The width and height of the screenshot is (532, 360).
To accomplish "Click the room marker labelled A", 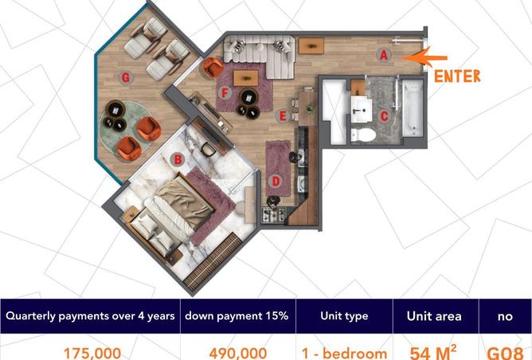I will click(x=383, y=54).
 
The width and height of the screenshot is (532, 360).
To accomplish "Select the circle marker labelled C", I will click(x=383, y=115).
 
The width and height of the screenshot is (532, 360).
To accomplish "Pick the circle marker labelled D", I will click(x=276, y=181).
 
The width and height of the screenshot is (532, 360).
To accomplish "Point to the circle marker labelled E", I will click(x=282, y=115).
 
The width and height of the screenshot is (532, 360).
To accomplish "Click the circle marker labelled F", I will click(x=225, y=92).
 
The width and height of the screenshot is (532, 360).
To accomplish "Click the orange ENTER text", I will click(x=457, y=76).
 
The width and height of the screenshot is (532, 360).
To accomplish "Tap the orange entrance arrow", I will click(x=429, y=57).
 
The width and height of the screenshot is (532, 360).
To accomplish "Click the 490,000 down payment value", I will click(x=237, y=351).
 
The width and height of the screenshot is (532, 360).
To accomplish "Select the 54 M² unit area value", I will click(x=435, y=351).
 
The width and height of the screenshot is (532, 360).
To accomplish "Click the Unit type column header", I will click(x=345, y=316).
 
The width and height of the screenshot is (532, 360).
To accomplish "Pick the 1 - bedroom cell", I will click(x=345, y=351).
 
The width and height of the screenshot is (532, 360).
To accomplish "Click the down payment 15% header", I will click(x=237, y=316).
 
